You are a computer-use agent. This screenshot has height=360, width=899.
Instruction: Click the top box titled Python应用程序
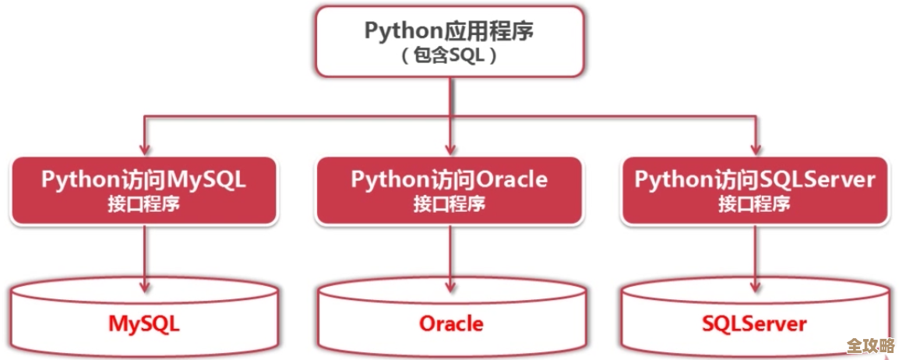pos(449,42)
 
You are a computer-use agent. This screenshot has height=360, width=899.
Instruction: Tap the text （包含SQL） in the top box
pos(449,58)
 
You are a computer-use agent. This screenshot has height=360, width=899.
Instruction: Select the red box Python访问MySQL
pos(143,190)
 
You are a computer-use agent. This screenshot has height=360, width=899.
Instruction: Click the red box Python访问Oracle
pos(449,190)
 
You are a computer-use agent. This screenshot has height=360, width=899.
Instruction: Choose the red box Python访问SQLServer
pos(754,190)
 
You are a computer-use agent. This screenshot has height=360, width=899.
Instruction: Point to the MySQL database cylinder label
pos(143,323)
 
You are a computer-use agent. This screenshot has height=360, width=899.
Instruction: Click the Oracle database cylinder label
pos(451,323)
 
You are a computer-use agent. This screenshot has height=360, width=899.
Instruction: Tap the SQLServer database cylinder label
pos(754,323)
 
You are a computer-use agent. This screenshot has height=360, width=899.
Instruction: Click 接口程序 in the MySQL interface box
pos(143,204)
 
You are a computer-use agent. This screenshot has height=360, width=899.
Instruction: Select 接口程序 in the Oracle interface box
pos(449,204)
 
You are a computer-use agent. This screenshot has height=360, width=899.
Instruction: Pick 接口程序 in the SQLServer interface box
pos(754,204)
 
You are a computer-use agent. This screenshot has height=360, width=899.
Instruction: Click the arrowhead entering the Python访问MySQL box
pos(143,149)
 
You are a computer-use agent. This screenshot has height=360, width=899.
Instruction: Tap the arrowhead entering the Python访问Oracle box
pos(449,149)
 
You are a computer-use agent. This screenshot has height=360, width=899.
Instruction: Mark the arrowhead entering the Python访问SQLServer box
pos(754,149)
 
